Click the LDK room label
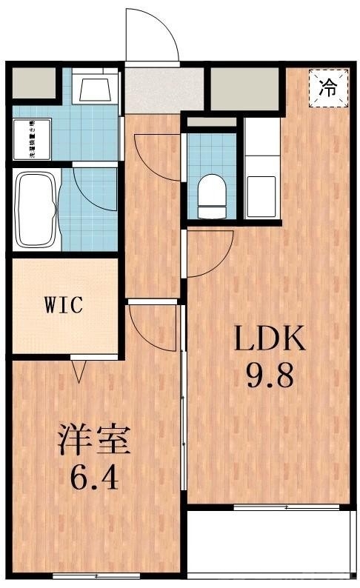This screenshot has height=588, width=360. [x=270, y=340]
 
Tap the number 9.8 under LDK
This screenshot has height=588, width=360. [x=270, y=377]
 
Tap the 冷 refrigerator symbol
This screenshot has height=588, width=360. [x=327, y=87]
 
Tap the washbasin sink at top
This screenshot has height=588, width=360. [x=95, y=90]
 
